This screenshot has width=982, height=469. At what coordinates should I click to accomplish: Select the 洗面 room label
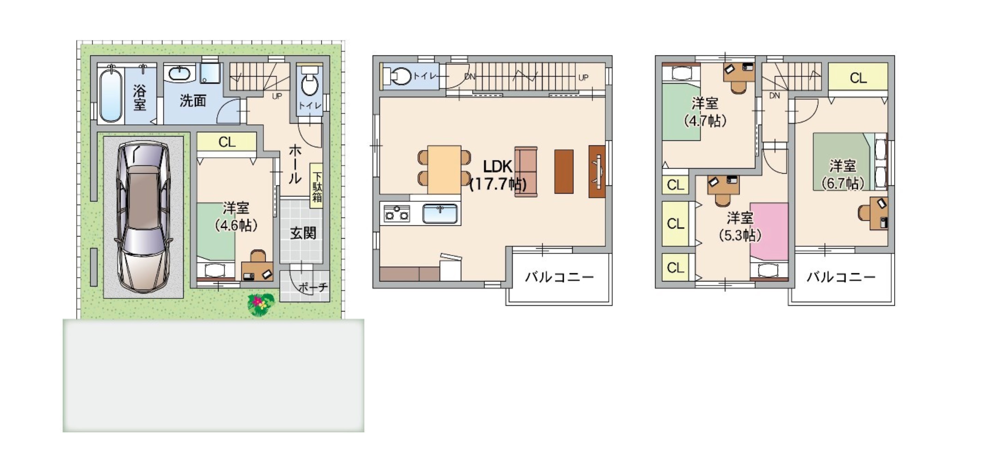[193, 101]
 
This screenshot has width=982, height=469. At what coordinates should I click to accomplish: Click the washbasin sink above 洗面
[180, 73]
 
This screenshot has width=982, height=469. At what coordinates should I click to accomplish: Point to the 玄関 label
[303, 233]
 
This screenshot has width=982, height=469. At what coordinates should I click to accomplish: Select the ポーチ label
[313, 287]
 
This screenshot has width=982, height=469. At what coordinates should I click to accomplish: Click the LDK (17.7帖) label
[498, 175]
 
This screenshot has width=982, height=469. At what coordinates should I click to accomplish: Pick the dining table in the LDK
[444, 169]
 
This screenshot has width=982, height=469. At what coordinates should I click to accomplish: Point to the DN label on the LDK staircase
[470, 77]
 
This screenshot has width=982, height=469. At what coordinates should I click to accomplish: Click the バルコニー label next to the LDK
[560, 277]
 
